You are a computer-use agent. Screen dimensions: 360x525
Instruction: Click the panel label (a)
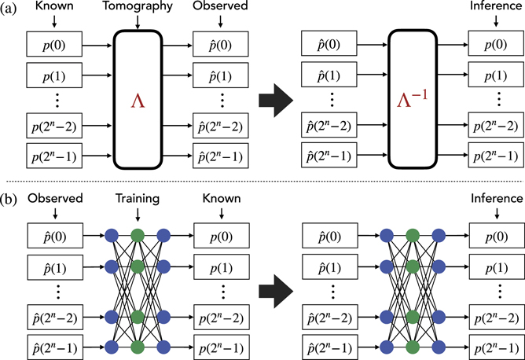9,11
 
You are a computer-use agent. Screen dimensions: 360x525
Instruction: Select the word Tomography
138,8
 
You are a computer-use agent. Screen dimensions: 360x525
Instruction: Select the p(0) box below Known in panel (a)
53,43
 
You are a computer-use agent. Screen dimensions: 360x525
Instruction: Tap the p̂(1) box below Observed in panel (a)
222,76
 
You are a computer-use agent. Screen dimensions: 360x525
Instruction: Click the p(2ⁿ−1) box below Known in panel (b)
222,346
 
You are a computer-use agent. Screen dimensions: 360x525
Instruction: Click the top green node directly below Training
138,233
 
